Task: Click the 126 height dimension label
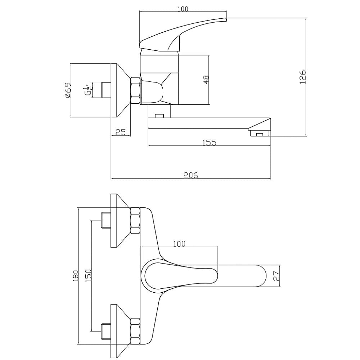pyautogui.click(x=303, y=77)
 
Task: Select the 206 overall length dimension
pyautogui.click(x=190, y=175)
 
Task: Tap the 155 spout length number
pyautogui.click(x=210, y=143)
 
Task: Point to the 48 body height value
pyautogui.click(x=206, y=80)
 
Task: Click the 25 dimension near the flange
pyautogui.click(x=121, y=132)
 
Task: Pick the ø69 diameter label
pyautogui.click(x=68, y=90)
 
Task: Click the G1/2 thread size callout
pyautogui.click(x=89, y=90)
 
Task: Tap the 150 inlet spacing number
pyautogui.click(x=89, y=276)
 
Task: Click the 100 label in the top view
pyautogui.click(x=183, y=9)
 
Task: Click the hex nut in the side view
pyautogui.click(x=135, y=90)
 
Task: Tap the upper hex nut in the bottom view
pyautogui.click(x=135, y=221)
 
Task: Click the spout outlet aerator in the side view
pyautogui.click(x=260, y=134)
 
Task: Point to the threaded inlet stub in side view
pyautogui.click(x=106, y=90)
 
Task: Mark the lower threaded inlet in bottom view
pyautogui.click(x=106, y=331)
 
